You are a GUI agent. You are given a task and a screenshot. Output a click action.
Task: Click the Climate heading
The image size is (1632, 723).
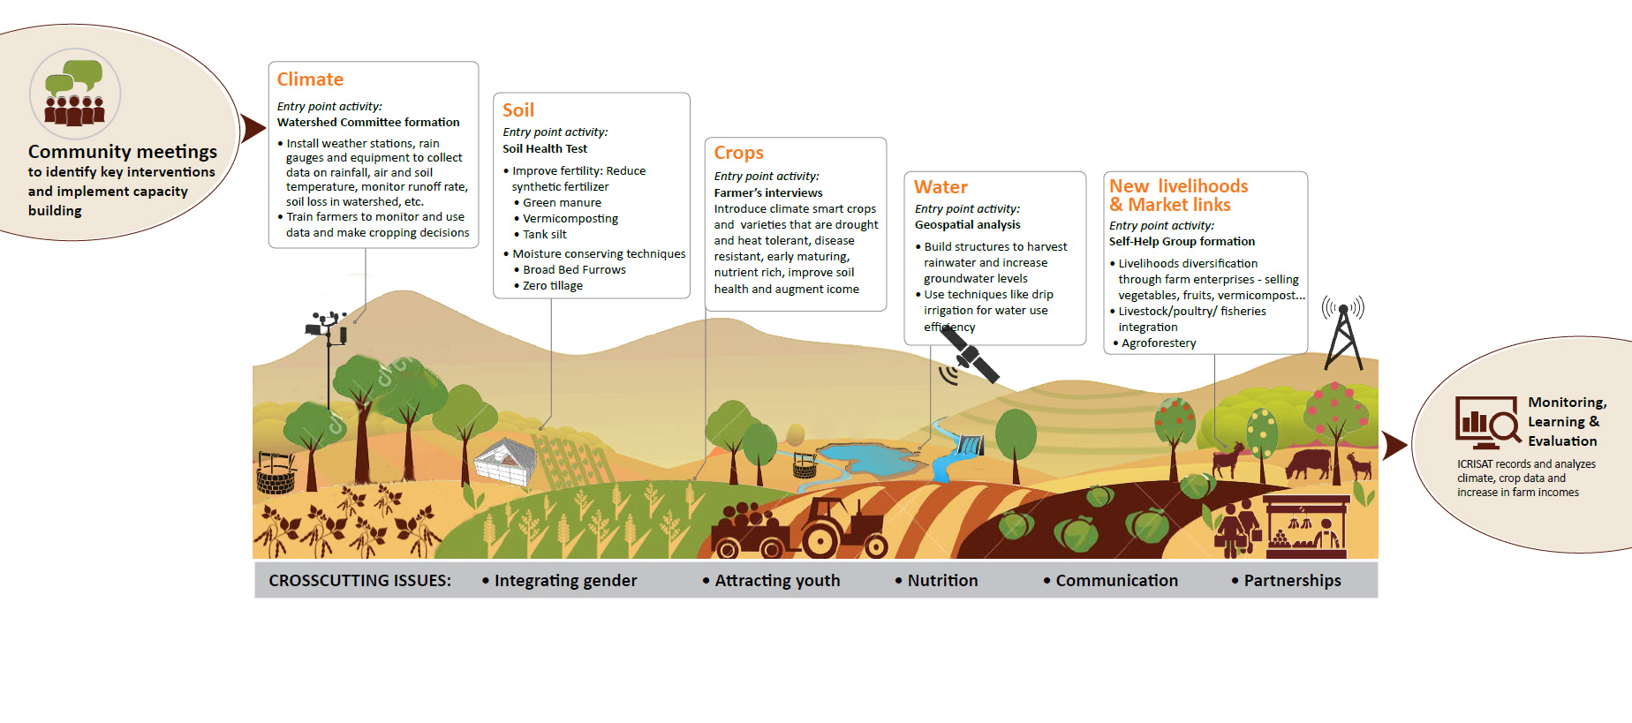click(x=310, y=79)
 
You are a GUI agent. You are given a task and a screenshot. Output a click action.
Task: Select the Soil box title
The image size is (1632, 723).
click(x=518, y=110)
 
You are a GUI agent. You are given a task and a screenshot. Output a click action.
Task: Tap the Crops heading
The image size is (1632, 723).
click(x=738, y=153)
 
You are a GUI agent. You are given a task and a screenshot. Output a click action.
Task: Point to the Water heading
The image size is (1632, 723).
click(x=941, y=187)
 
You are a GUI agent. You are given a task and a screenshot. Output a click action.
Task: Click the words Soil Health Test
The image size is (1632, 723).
click(x=545, y=149)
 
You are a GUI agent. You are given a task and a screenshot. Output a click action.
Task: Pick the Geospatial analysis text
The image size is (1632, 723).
click(x=967, y=225)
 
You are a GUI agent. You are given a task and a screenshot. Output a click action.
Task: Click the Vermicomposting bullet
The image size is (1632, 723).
click(x=570, y=219)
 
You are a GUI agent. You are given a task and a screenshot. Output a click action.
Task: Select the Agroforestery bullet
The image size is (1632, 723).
click(x=1159, y=343)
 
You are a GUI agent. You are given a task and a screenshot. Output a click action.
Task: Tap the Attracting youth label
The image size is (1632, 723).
click(x=777, y=581)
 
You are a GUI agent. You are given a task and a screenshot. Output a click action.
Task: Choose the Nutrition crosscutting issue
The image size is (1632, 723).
click(x=942, y=581)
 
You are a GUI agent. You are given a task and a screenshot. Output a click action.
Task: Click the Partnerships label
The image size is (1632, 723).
click(x=1292, y=581)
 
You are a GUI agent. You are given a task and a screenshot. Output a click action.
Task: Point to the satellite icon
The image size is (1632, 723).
click(x=972, y=358)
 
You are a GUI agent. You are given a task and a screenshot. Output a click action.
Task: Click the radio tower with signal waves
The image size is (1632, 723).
click(x=1343, y=335)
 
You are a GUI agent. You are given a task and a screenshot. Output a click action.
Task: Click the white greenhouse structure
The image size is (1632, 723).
click(x=506, y=460)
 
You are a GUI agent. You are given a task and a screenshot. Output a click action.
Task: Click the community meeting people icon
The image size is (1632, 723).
click(x=75, y=94)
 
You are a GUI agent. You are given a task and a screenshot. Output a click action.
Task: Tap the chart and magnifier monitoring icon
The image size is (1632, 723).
click(x=1487, y=423)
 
